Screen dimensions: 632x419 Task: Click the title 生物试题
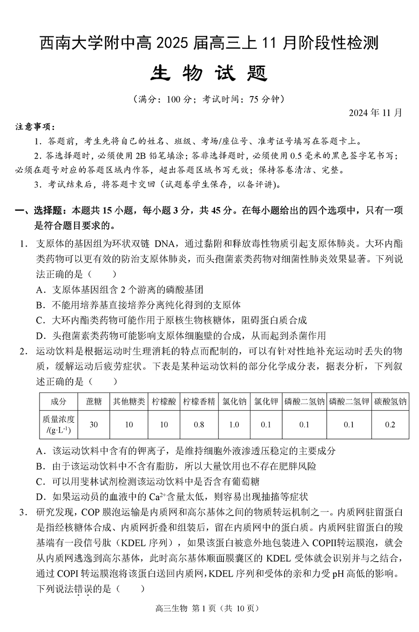[x=209, y=73]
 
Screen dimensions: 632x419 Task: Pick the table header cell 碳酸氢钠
[x=390, y=401]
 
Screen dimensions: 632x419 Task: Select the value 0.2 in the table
[x=390, y=425]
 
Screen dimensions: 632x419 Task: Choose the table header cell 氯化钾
[x=266, y=401]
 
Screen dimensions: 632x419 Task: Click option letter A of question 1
[x=40, y=290]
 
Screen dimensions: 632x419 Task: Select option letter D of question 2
[x=40, y=497]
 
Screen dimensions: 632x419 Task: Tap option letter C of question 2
[x=40, y=481]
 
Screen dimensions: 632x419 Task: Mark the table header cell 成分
[x=58, y=401]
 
